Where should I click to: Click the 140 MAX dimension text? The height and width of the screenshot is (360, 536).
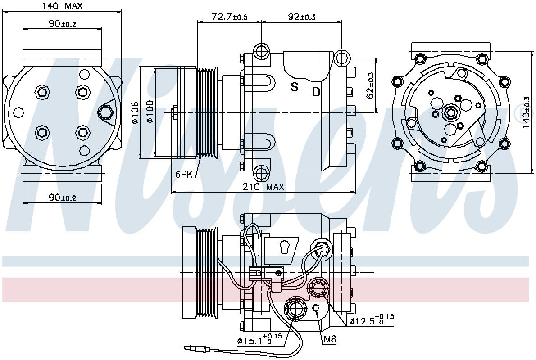(x=62, y=6)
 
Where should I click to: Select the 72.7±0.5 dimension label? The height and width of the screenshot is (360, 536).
(x=229, y=16)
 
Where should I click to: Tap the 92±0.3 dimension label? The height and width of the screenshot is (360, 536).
(x=301, y=16)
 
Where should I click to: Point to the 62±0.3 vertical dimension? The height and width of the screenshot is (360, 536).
(x=370, y=85)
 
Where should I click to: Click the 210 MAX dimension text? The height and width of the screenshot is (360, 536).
(x=263, y=186)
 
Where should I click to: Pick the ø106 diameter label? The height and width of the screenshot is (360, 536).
(x=136, y=112)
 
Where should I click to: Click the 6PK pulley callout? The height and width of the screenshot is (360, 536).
(x=184, y=174)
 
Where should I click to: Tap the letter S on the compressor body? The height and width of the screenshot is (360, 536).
(x=294, y=87)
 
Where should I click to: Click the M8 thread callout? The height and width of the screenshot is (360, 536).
(x=330, y=339)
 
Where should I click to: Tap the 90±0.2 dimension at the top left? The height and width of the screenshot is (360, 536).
(x=62, y=23)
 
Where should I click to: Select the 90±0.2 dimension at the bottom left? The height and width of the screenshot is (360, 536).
(x=62, y=198)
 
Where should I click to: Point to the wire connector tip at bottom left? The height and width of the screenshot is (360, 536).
(x=188, y=348)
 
